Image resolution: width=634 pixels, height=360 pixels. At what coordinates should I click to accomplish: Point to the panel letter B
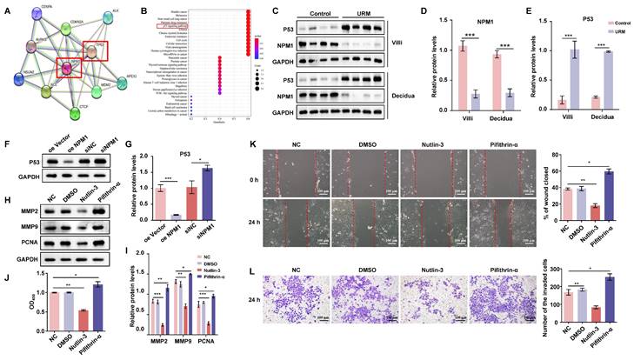coord(146,10)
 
